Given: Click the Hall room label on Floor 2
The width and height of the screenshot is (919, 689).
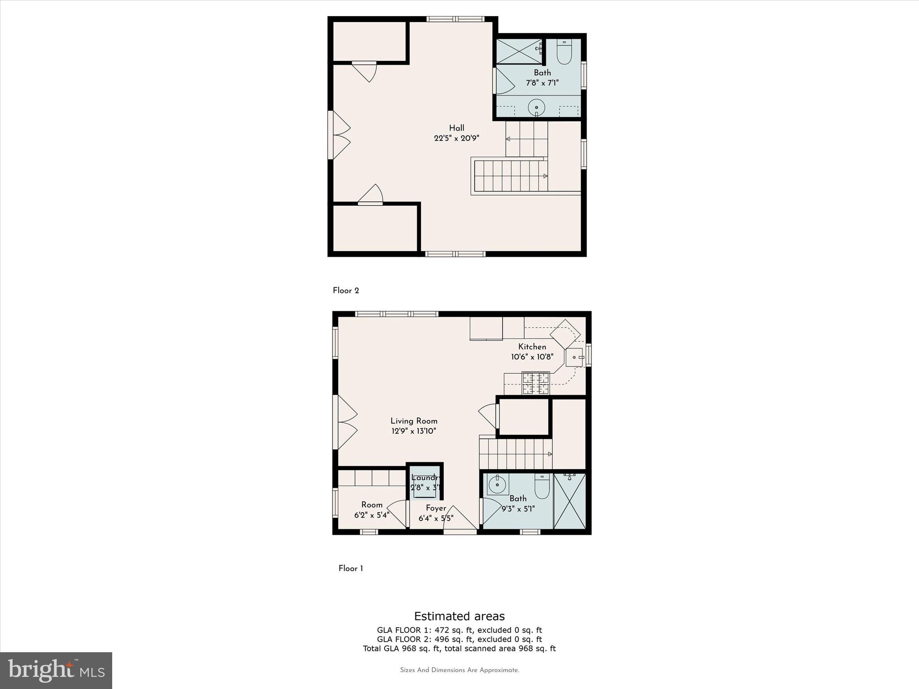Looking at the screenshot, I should tap(456, 128).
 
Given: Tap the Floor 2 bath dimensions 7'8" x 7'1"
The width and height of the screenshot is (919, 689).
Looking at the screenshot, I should tap(542, 83).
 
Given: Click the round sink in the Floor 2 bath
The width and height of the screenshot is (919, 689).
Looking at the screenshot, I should tap(536, 108).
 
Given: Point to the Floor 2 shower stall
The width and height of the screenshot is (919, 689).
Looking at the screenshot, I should tap(518, 52).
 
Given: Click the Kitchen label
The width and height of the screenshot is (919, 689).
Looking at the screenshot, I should tap(532, 347).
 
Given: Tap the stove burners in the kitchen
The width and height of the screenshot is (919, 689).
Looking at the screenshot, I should tap(535, 383).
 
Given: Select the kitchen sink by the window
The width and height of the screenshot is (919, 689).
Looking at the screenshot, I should tap(574, 358).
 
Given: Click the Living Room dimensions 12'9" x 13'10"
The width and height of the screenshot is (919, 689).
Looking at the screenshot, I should tap(414, 431).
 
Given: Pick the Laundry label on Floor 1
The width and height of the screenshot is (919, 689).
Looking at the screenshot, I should tap(424, 478).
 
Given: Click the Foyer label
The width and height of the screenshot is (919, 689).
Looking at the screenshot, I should tap(436, 508).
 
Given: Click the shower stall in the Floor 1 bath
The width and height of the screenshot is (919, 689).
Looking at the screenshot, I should tap(570, 501).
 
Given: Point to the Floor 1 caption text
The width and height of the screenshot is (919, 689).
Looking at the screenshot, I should tap(350, 568).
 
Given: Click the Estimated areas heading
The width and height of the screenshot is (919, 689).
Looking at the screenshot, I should tap(459, 616).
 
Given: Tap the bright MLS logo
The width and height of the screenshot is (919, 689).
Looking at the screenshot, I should tap(56, 670).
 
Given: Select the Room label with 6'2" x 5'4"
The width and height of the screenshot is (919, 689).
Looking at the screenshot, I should tap(372, 505).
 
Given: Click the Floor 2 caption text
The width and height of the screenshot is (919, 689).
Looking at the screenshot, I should tap(346, 291).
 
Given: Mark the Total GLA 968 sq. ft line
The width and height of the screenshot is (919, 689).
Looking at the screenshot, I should tap(459, 648).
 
